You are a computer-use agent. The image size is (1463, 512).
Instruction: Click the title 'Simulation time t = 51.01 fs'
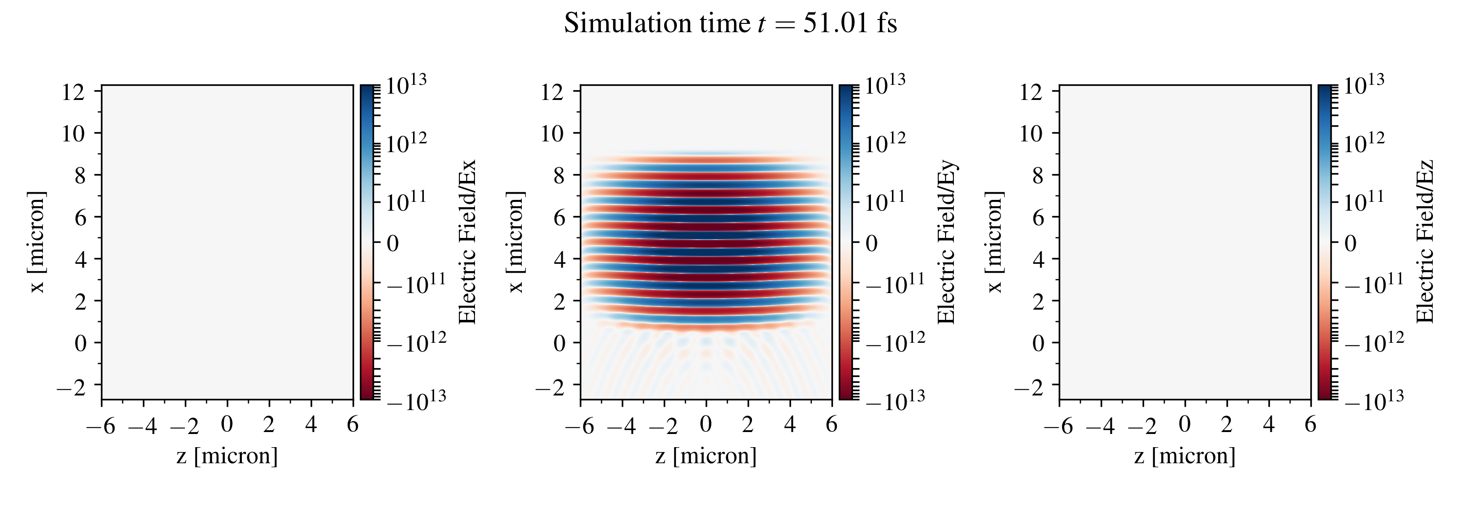coord(731,24)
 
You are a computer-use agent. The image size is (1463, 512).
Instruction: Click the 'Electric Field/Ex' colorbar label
coord(467,242)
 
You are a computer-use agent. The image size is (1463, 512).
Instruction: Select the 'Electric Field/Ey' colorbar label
coord(946,242)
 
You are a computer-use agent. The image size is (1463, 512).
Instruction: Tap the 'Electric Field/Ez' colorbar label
coord(1425,242)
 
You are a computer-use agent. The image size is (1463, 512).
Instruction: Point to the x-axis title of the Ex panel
coord(227,456)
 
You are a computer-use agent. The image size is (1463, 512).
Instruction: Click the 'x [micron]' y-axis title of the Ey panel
coord(515,242)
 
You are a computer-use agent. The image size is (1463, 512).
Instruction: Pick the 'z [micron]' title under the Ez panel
coord(1185,456)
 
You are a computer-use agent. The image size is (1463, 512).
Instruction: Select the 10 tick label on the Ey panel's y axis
coord(552,134)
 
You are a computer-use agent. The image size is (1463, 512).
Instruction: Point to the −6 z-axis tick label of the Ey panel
coord(579,425)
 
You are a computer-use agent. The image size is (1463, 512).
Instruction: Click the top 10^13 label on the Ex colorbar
coord(406,85)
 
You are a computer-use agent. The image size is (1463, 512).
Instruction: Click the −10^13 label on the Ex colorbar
coord(416,400)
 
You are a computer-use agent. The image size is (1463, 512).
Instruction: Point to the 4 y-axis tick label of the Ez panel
coord(1038,259)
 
